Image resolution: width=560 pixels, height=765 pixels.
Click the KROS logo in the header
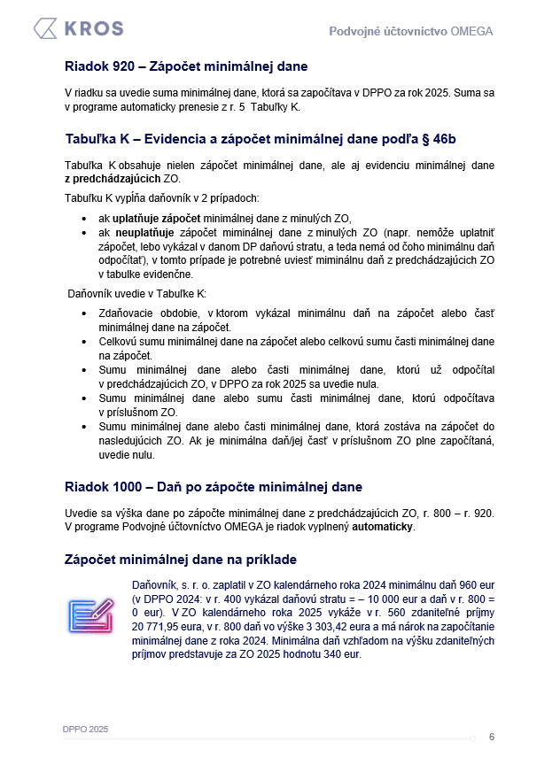[78, 28]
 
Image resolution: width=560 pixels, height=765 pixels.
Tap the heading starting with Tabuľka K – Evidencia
[261, 139]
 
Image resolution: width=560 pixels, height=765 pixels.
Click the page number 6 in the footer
[492, 737]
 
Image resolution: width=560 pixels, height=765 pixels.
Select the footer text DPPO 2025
[86, 729]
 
